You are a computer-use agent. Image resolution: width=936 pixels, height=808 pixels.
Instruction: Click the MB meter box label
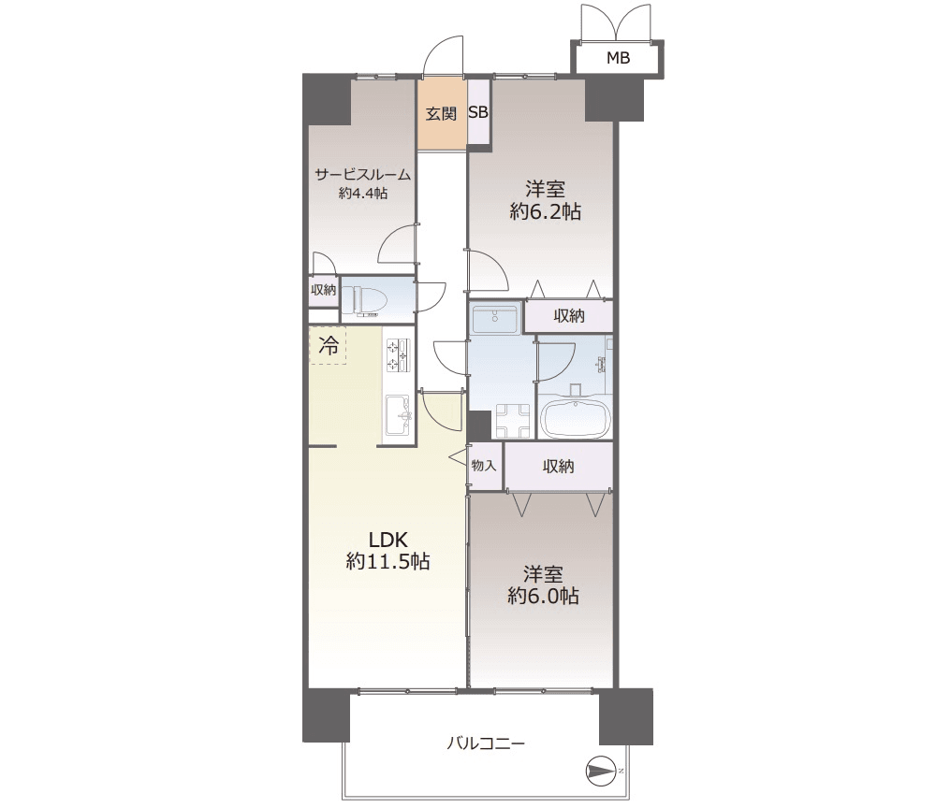click(x=618, y=58)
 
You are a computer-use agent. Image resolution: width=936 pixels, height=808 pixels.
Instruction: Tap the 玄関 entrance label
click(x=441, y=113)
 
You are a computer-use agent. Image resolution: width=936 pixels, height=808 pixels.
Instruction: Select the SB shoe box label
click(x=478, y=112)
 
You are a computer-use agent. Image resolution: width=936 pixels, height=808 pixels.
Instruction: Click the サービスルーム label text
click(x=363, y=175)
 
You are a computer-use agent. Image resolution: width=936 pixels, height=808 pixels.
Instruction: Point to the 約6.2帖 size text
click(x=545, y=211)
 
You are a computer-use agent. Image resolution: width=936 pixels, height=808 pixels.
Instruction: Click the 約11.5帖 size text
click(x=388, y=561)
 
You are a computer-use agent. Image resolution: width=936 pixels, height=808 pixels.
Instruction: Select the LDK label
click(x=388, y=540)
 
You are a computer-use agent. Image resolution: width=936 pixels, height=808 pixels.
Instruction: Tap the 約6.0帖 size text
click(x=543, y=596)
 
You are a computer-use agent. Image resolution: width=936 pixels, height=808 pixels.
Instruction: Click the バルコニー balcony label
click(x=486, y=743)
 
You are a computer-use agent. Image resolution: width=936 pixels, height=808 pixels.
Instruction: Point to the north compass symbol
click(x=602, y=771)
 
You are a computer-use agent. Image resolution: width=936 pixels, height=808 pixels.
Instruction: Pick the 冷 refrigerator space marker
click(x=329, y=345)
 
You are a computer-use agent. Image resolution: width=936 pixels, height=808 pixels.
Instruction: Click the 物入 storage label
click(x=484, y=465)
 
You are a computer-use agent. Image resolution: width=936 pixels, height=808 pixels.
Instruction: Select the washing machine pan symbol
click(x=512, y=421)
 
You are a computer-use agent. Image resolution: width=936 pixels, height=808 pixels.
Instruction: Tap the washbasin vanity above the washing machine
click(x=495, y=319)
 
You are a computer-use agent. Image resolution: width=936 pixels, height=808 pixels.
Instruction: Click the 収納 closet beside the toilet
click(x=323, y=291)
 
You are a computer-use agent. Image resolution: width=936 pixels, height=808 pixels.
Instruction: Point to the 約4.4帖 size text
click(x=363, y=194)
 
